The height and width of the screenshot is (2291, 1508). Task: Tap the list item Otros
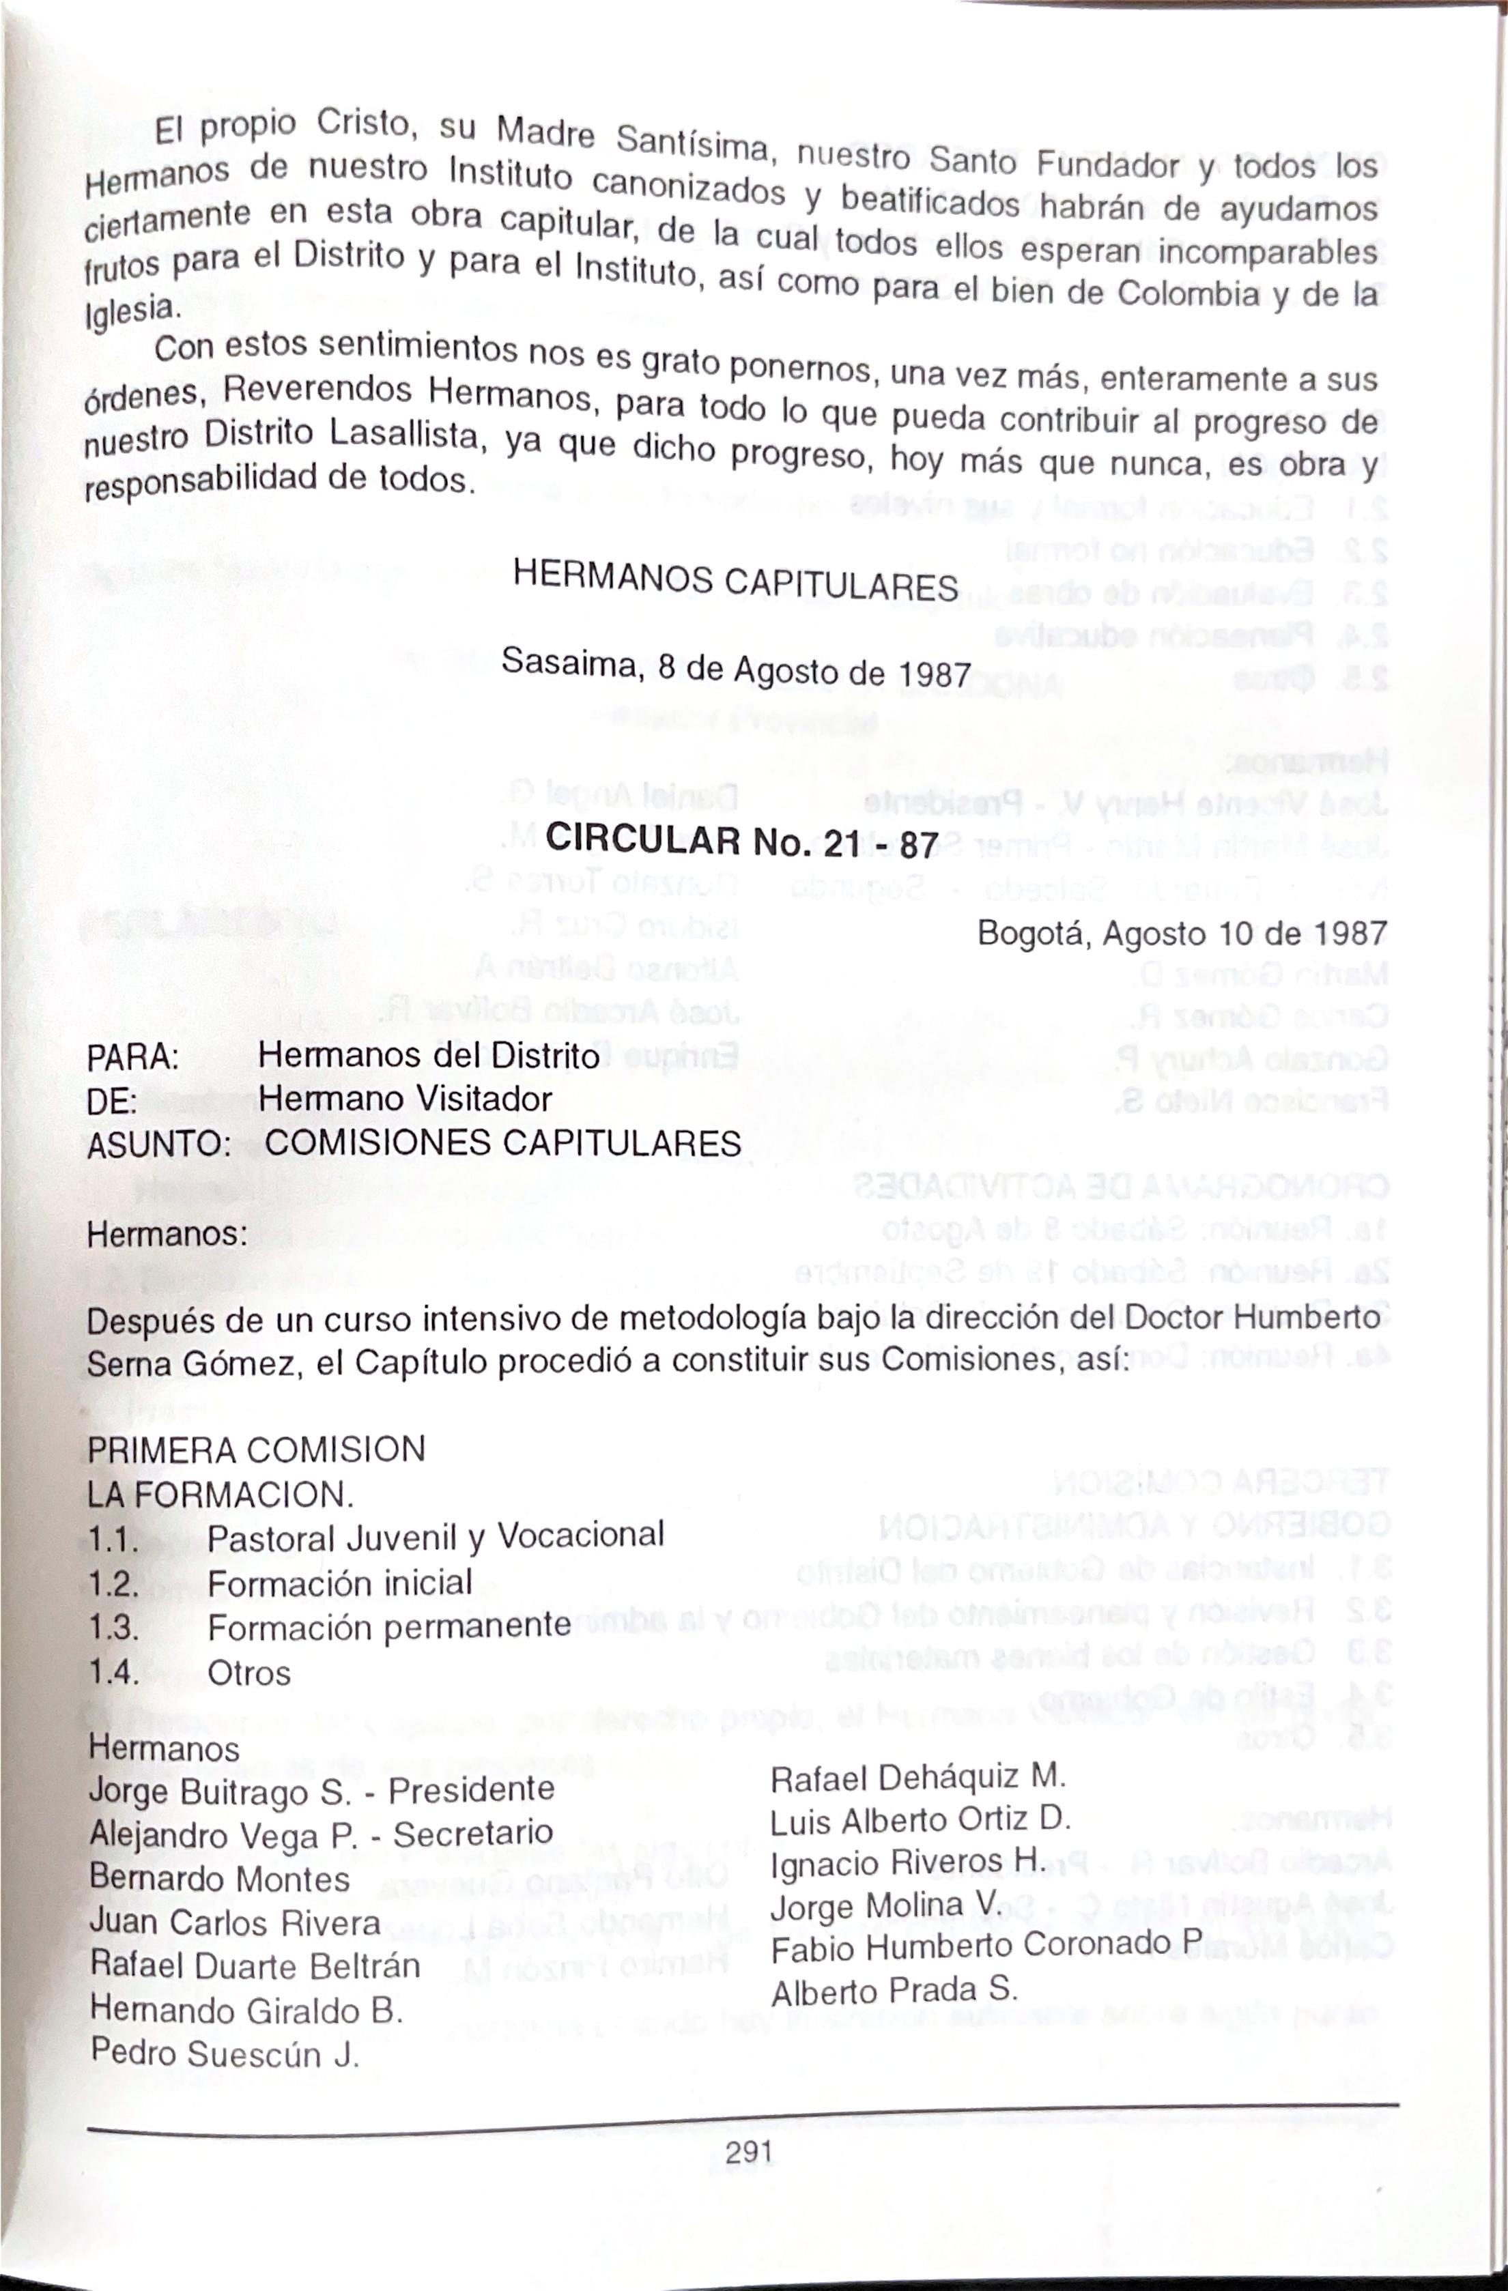click(x=248, y=1673)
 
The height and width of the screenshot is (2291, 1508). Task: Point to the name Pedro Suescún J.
click(x=225, y=2054)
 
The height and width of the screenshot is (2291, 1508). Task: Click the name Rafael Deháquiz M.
click(x=917, y=1776)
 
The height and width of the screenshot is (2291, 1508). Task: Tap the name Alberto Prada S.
click(x=893, y=1991)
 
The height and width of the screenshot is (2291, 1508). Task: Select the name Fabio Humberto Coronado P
click(x=986, y=1946)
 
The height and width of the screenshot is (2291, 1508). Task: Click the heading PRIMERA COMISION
click(x=256, y=1450)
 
